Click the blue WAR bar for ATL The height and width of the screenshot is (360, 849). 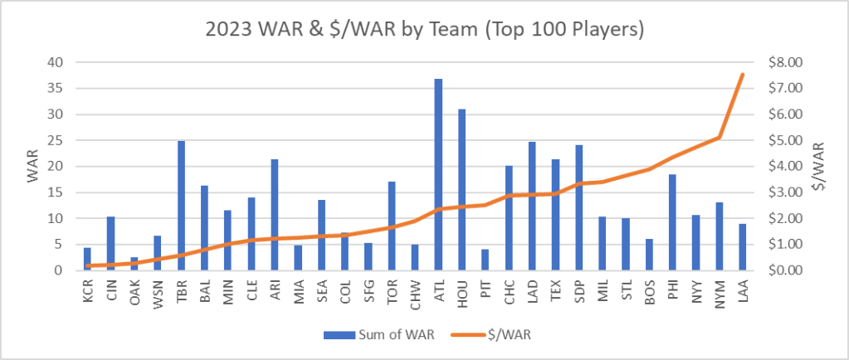438,175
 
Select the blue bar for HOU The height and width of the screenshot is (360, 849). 461,190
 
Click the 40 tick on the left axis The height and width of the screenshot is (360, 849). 54,62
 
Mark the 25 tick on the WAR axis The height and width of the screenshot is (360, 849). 54,140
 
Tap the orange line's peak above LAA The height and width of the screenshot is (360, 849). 742,75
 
